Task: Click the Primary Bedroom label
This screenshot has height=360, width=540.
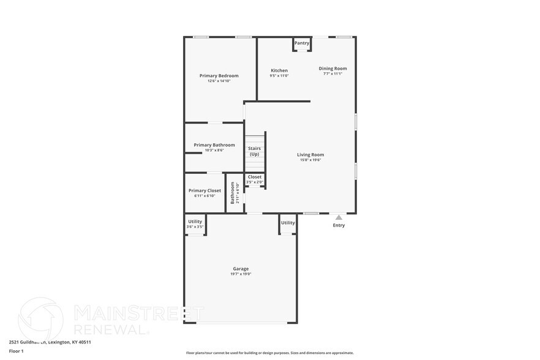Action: (x=219, y=76)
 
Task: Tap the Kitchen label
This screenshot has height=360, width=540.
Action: (x=279, y=70)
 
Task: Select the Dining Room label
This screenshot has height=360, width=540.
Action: (x=332, y=69)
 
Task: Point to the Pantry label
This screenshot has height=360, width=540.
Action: (x=302, y=43)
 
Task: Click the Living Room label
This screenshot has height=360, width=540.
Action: (x=310, y=155)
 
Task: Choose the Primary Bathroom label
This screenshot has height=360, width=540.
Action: (x=214, y=145)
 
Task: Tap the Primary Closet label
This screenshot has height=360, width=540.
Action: (x=205, y=190)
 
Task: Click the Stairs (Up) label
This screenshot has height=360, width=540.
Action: (x=254, y=151)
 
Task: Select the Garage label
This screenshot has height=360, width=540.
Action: (x=241, y=269)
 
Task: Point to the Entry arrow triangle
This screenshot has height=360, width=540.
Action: (x=339, y=217)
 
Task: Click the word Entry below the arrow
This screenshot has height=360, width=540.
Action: (x=339, y=225)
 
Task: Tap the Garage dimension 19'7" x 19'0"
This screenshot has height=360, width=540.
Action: (x=241, y=274)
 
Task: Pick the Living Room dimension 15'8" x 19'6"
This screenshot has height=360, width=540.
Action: (x=310, y=160)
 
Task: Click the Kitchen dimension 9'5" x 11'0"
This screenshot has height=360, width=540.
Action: (x=279, y=76)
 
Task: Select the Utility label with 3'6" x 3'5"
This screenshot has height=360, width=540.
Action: (x=195, y=222)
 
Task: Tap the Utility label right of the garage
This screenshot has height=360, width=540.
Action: (x=288, y=223)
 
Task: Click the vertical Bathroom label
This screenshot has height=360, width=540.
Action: (x=233, y=192)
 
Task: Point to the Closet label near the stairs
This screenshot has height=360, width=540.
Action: (x=255, y=177)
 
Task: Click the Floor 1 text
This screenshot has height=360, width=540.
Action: (x=16, y=351)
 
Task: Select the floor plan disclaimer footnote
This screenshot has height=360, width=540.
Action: (x=269, y=353)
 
